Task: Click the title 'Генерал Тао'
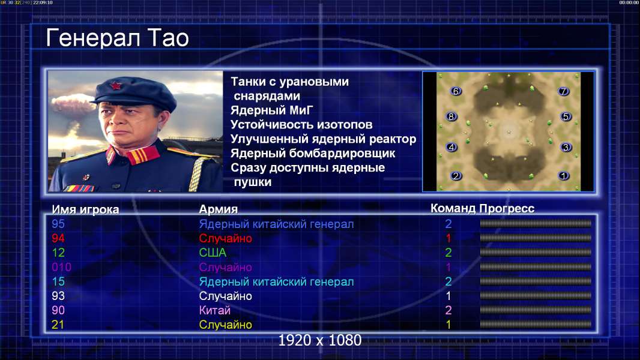click(x=117, y=38)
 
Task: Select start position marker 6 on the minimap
click(x=456, y=91)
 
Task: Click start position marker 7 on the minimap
click(x=563, y=91)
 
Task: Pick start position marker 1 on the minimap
click(x=564, y=176)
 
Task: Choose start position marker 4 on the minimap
click(x=451, y=147)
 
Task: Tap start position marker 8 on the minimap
click(x=451, y=116)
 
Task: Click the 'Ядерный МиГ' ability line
click(x=272, y=110)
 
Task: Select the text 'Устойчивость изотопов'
click(x=301, y=124)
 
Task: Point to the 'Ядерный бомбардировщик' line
click(x=313, y=153)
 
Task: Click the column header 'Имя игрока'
click(x=85, y=209)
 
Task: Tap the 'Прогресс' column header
click(x=507, y=208)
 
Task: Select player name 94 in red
click(x=58, y=238)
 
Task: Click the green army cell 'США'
click(x=213, y=253)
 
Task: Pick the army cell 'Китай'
click(x=215, y=310)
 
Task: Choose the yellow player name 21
click(x=58, y=325)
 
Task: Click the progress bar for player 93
click(x=536, y=296)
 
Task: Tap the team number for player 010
click(x=448, y=267)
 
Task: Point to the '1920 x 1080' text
click(x=320, y=340)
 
